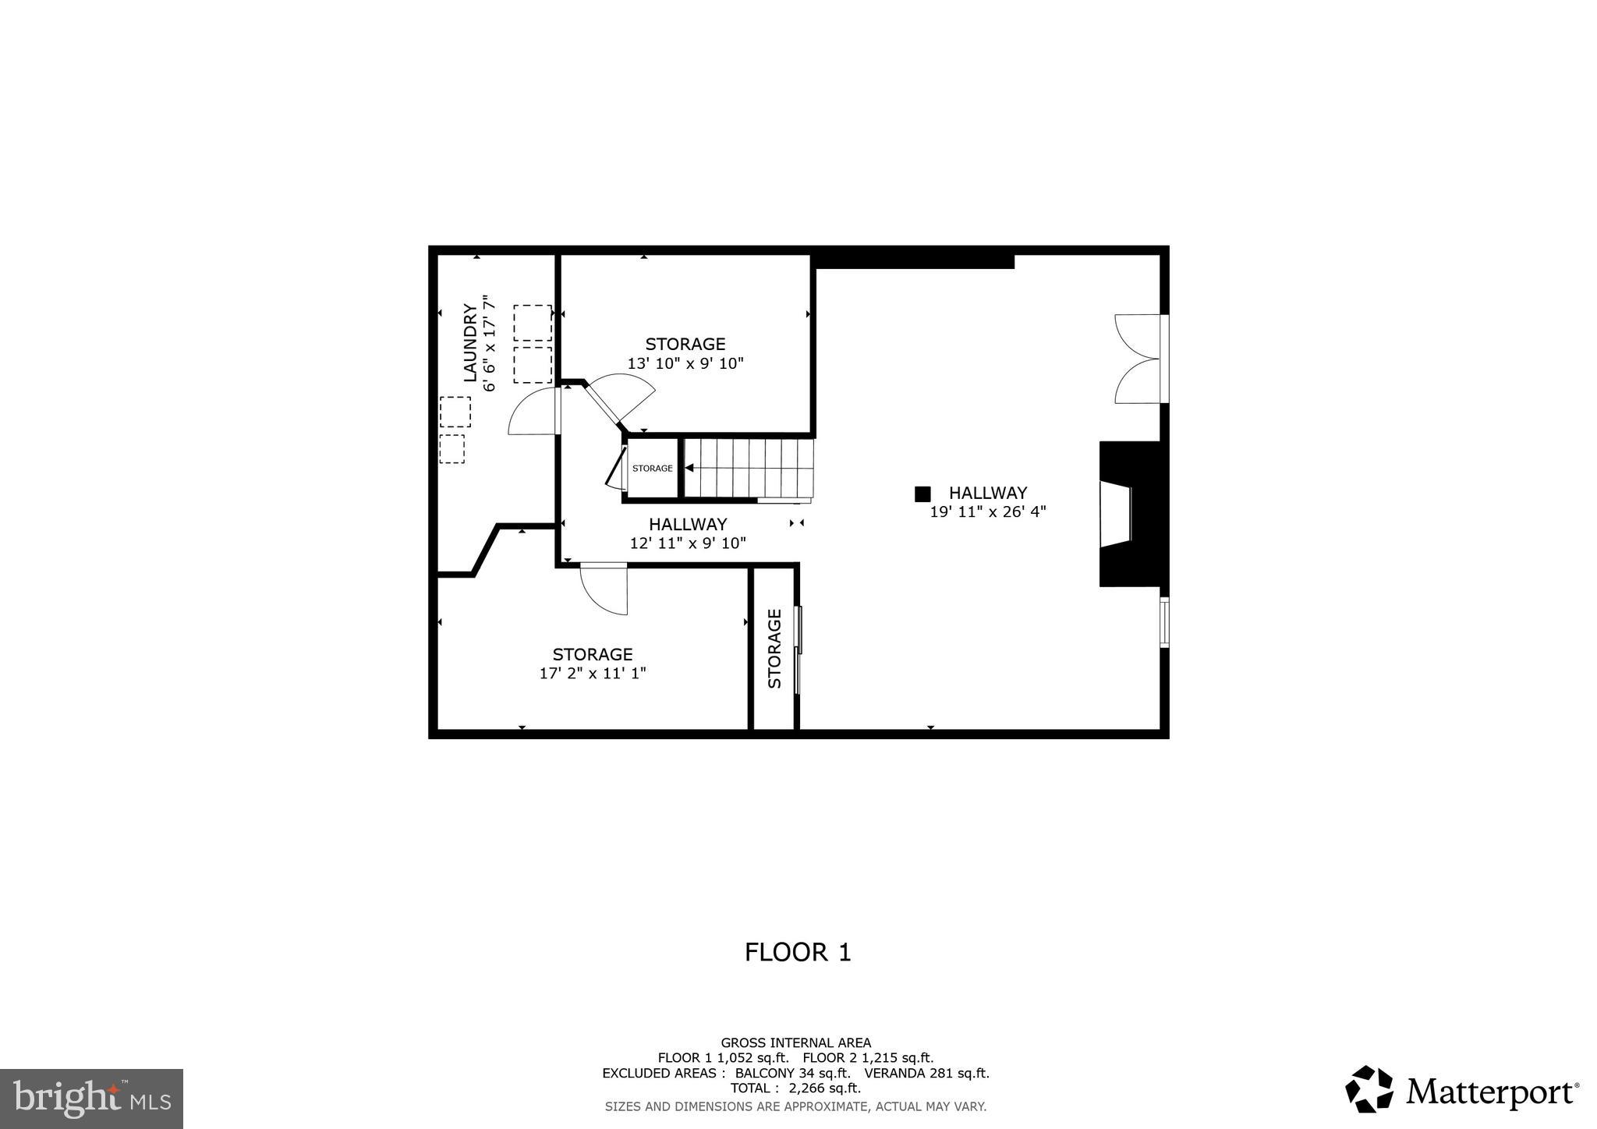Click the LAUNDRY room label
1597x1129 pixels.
pyautogui.click(x=470, y=342)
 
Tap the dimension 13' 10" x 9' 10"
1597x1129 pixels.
pyautogui.click(x=685, y=363)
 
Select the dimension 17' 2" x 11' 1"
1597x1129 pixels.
pyautogui.click(x=593, y=673)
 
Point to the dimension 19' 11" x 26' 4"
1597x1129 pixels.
pyautogui.click(x=987, y=512)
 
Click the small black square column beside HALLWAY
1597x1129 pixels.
pyautogui.click(x=922, y=494)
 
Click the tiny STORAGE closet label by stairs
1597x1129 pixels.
pyautogui.click(x=652, y=469)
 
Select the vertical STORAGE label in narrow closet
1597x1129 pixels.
pyautogui.click(x=774, y=649)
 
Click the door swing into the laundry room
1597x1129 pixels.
pyautogui.click(x=533, y=413)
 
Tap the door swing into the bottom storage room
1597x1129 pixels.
pyautogui.click(x=605, y=589)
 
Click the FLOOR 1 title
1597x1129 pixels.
pyautogui.click(x=797, y=952)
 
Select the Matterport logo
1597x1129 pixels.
pyautogui.click(x=1462, y=1090)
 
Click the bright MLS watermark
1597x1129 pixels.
pyautogui.click(x=91, y=1099)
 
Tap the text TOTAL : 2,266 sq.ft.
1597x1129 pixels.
pyautogui.click(x=795, y=1088)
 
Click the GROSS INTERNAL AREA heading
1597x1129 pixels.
pyautogui.click(x=795, y=1042)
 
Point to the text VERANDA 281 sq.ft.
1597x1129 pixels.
pyautogui.click(x=926, y=1073)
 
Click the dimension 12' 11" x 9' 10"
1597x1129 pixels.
pyautogui.click(x=688, y=543)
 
